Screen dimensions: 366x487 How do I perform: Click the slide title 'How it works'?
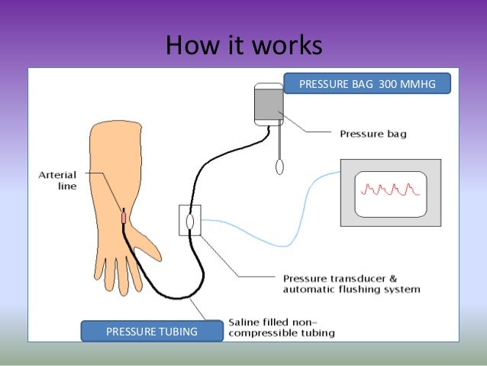[243, 47]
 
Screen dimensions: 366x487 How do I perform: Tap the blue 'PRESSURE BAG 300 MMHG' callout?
[366, 83]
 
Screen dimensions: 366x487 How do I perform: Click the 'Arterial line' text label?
[57, 180]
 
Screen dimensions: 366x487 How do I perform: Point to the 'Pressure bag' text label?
[373, 134]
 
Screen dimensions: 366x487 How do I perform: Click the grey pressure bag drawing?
[269, 106]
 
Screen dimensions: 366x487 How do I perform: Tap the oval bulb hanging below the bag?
[280, 164]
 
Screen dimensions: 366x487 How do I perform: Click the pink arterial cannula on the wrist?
[123, 217]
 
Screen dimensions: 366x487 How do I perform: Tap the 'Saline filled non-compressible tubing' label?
[282, 327]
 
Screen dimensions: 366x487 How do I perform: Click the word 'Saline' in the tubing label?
[247, 322]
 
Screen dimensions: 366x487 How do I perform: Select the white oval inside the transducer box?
[189, 221]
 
